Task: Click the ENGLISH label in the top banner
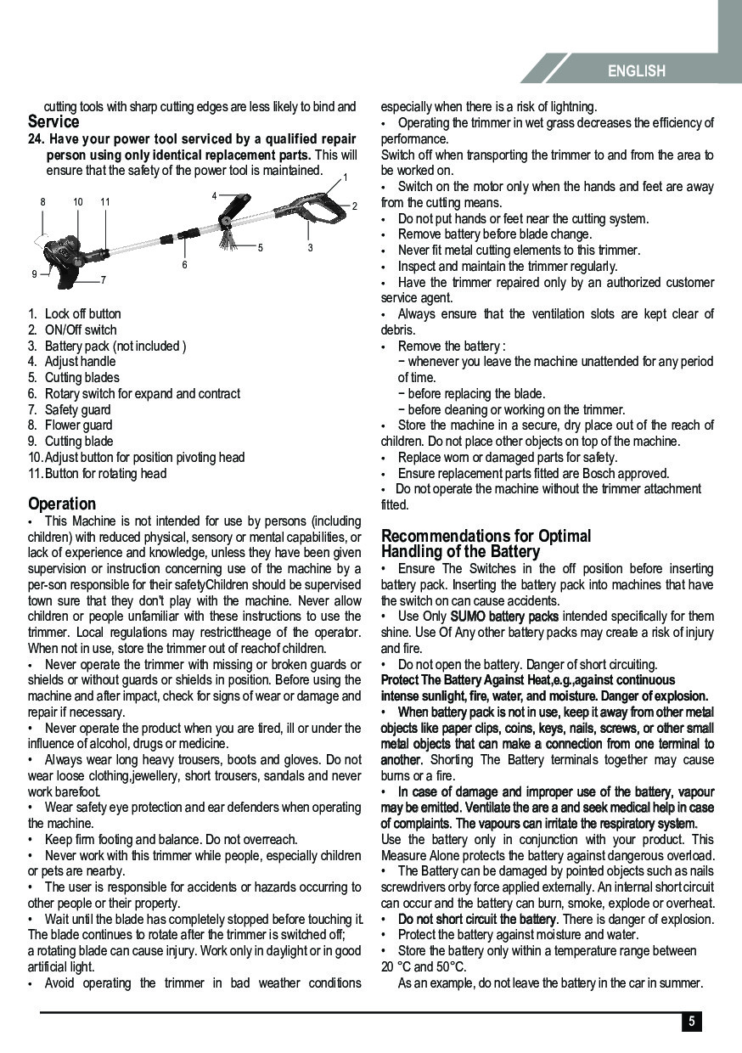point(636,71)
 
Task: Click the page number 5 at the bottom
point(691,1022)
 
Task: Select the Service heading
point(53,122)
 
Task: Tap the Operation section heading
point(62,504)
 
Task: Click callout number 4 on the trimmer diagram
point(215,196)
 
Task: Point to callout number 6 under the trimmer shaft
point(184,266)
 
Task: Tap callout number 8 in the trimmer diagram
point(42,202)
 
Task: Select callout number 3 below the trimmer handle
point(310,248)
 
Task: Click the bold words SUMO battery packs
point(504,616)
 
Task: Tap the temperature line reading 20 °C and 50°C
point(424,967)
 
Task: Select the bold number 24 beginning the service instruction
point(36,139)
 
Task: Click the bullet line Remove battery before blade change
point(494,234)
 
